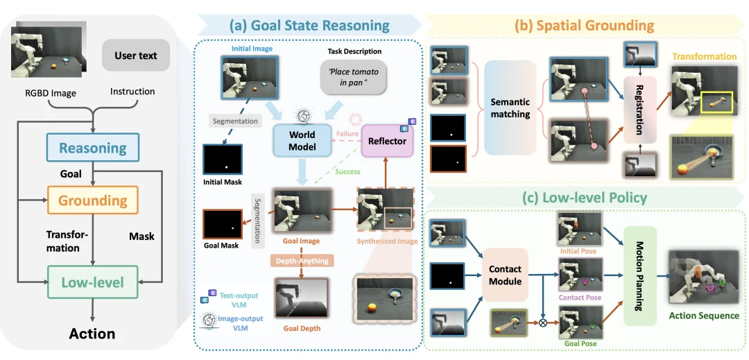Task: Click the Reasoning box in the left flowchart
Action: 93,148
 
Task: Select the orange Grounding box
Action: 93,200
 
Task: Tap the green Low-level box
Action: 93,282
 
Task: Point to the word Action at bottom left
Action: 92,334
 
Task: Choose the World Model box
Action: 302,140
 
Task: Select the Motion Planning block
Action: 639,275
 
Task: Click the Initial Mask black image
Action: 221,160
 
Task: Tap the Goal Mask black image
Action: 223,224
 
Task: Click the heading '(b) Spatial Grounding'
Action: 584,26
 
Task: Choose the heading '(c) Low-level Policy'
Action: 584,198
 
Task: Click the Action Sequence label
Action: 703,316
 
